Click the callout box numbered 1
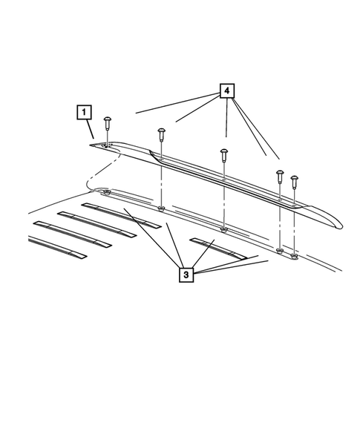click(85, 113)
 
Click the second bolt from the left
click(161, 134)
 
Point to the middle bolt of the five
click(223, 154)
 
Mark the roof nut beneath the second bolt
click(161, 209)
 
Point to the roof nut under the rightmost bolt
click(295, 257)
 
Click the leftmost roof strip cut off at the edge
click(56, 247)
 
